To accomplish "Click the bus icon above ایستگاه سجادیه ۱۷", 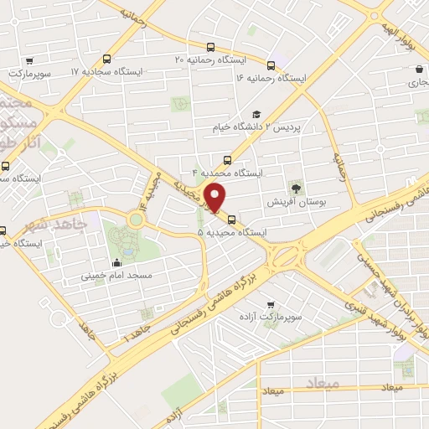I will (106, 59).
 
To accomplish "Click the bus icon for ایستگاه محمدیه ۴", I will (227, 161).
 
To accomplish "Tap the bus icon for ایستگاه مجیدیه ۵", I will (232, 222).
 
